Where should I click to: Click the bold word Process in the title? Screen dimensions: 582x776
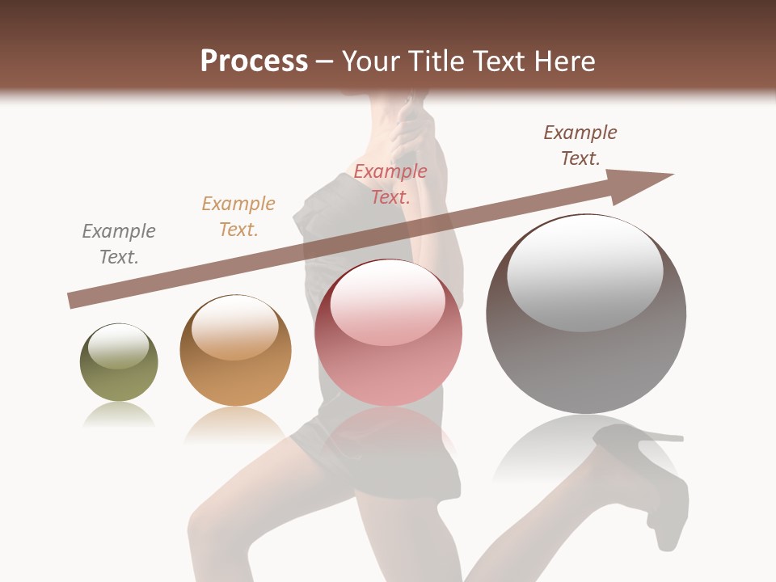[x=254, y=61]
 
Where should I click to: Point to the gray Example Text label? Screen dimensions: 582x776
[x=119, y=244]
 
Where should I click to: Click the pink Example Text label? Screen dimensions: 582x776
[x=390, y=184]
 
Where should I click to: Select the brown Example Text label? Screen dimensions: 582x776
[x=580, y=145]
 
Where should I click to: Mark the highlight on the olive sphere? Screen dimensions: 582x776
[x=118, y=346]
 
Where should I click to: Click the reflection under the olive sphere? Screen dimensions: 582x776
[x=119, y=415]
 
